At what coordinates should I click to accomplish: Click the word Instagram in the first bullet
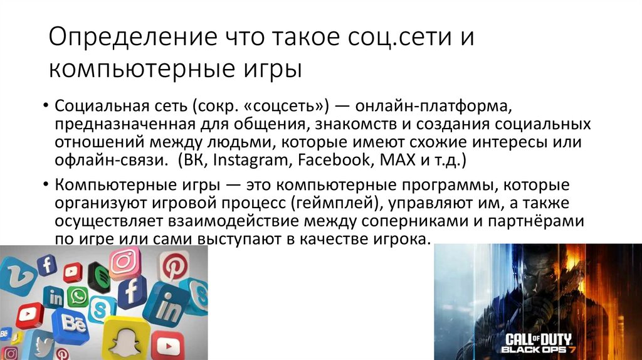click(249, 159)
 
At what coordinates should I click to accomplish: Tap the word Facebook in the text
click(334, 159)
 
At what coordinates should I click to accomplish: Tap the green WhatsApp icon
click(78, 297)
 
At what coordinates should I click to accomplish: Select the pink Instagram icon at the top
click(125, 262)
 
